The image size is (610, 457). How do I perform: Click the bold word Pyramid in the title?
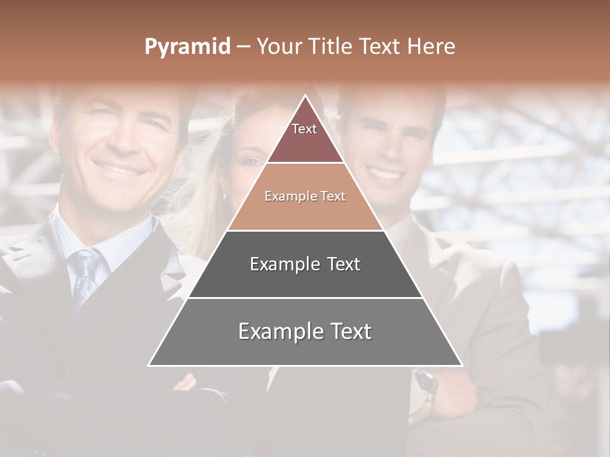pyautogui.click(x=187, y=47)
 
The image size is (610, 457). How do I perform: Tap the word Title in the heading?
pyautogui.click(x=332, y=47)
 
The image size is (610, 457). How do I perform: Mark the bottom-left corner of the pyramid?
pyautogui.click(x=150, y=365)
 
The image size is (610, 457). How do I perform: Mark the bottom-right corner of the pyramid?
pyautogui.click(x=461, y=365)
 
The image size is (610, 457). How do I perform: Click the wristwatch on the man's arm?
pyautogui.click(x=424, y=383)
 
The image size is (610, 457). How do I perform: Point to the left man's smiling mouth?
pyautogui.click(x=121, y=169)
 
